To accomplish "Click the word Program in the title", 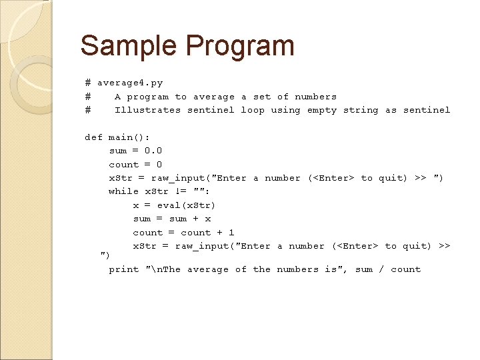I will coord(240,46).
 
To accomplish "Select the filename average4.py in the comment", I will coord(130,83).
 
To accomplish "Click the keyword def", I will coord(93,137).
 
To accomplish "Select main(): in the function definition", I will coord(124,137).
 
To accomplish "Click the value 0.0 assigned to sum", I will coord(153,151).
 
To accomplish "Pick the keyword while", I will coord(123,191).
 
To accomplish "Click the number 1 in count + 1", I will coord(231,233).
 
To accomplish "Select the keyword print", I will coord(124,269).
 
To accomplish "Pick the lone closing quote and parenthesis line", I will coord(105,255).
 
